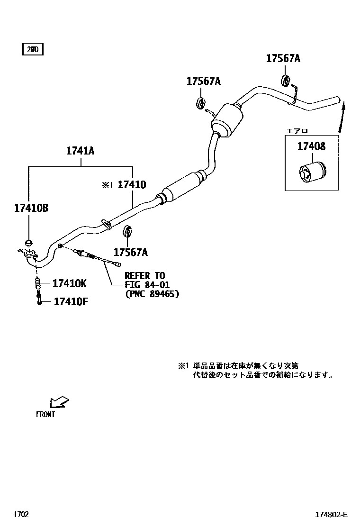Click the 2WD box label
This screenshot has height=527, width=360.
(x=33, y=49)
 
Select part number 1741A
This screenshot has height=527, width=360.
(x=80, y=151)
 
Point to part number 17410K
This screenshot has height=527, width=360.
(x=69, y=283)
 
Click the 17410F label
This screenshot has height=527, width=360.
(x=71, y=301)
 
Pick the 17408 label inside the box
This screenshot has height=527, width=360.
(x=311, y=146)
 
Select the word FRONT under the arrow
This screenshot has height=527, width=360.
(x=45, y=414)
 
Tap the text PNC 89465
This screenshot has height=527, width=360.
(x=152, y=294)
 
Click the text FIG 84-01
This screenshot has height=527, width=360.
(x=147, y=285)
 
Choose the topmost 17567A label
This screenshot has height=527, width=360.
(x=283, y=58)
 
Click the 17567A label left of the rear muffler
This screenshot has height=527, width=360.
(x=203, y=82)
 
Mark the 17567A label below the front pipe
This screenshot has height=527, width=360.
(x=130, y=252)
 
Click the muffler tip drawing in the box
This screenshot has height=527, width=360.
(x=312, y=173)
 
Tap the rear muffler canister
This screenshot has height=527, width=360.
(x=227, y=121)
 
